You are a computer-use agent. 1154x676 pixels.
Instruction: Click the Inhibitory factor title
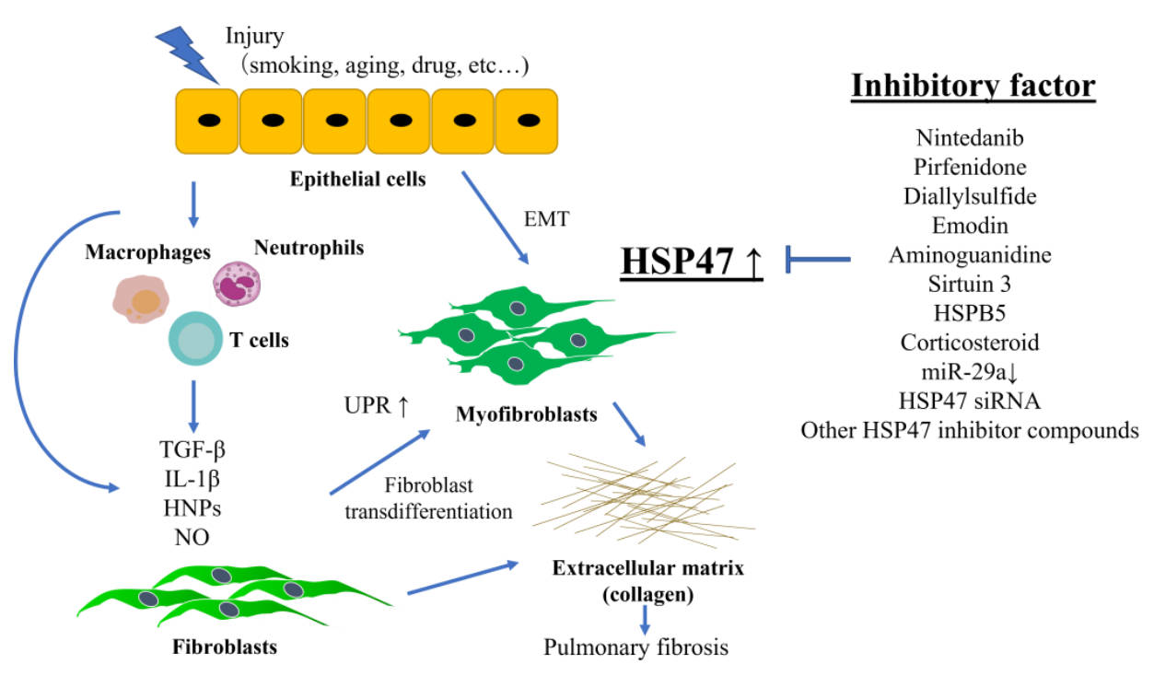[x=973, y=85]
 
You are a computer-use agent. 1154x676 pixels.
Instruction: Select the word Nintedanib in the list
[x=971, y=138]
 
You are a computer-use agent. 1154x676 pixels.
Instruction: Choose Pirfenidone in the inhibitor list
[x=971, y=167]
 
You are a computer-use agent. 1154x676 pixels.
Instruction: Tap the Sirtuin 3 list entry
[x=971, y=284]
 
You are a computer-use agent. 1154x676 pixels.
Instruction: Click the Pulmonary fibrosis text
[x=636, y=647]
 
